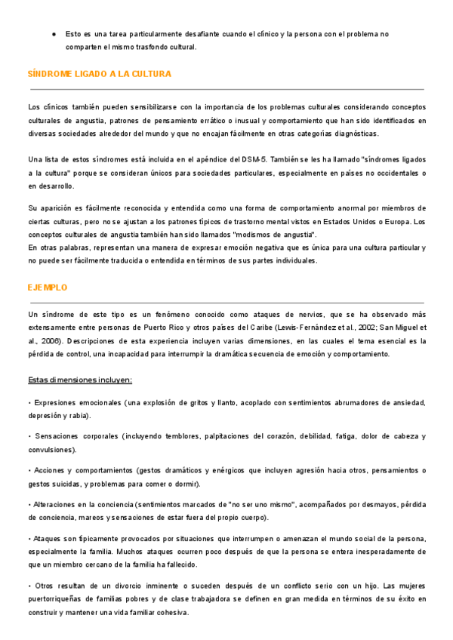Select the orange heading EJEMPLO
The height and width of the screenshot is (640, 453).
coord(48,288)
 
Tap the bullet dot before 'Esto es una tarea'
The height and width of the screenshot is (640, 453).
coord(54,35)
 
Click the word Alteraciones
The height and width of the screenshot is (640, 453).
coord(57,504)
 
